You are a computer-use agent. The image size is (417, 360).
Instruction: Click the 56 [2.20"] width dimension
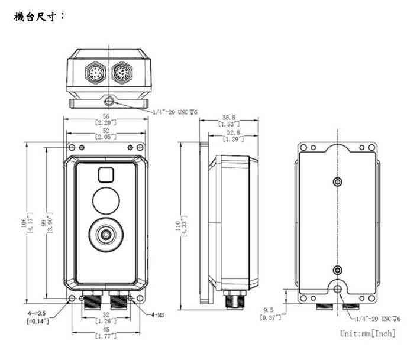(106, 119)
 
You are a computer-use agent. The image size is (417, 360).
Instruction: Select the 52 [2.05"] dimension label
(106, 134)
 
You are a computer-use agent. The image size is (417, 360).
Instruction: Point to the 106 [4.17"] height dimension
(27, 222)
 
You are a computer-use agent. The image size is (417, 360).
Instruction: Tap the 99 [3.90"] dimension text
(47, 222)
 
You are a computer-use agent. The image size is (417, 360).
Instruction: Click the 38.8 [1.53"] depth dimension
(229, 121)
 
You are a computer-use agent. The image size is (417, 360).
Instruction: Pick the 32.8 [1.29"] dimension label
(233, 135)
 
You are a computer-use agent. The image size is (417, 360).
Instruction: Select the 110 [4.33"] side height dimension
(182, 226)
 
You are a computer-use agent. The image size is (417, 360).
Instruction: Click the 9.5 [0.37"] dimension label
(270, 314)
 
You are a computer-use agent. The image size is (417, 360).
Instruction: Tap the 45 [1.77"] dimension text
(106, 333)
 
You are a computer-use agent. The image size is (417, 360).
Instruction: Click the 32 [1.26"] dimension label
(106, 317)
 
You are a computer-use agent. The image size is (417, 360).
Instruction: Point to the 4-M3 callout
(158, 315)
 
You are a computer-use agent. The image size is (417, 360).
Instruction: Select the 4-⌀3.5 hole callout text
(38, 317)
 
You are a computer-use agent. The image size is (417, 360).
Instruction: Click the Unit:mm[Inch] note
(367, 333)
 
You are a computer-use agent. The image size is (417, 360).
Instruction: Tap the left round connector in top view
(95, 72)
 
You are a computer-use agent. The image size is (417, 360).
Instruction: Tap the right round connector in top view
(122, 72)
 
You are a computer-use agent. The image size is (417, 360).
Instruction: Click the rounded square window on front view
(106, 175)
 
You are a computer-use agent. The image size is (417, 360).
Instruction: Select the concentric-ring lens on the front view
(106, 235)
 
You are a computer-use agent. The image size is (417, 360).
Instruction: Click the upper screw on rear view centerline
(338, 182)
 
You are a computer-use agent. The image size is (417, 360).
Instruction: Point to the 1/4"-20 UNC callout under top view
(175, 112)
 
